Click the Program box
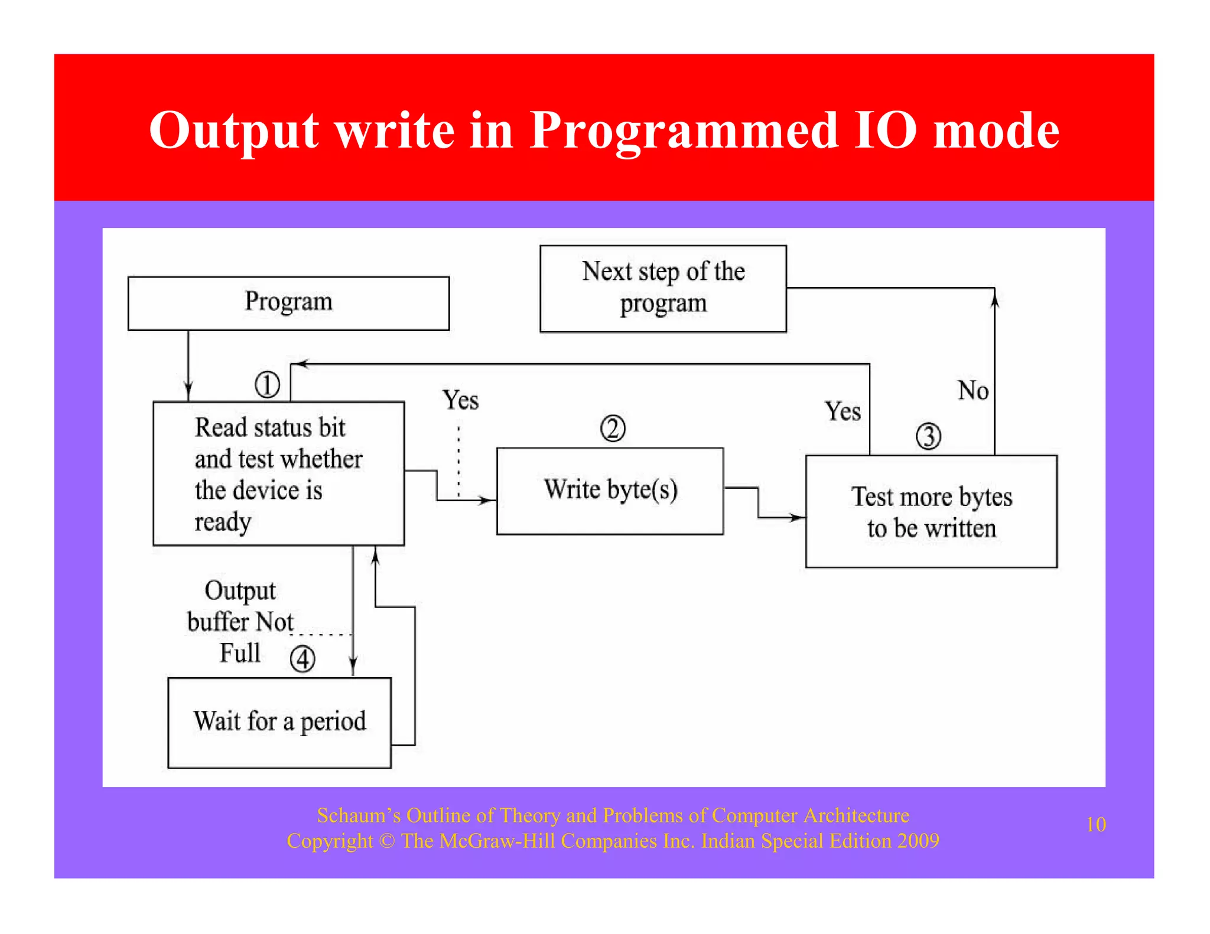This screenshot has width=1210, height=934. tap(288, 303)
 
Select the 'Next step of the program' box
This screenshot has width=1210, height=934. tap(663, 288)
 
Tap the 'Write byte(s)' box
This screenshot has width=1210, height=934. tap(610, 491)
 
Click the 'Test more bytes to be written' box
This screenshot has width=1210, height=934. tap(931, 511)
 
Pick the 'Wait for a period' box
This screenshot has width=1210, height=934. tap(279, 722)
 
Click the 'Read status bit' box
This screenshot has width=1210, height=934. tap(278, 473)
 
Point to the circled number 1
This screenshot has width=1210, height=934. tap(267, 385)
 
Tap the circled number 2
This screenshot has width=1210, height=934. tap(613, 429)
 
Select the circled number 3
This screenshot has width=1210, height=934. tap(928, 437)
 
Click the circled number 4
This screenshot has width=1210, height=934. tap(302, 659)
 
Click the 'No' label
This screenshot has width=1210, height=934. tap(973, 391)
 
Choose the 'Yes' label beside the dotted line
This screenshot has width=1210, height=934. tap(460, 400)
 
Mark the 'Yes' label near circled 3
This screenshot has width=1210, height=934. tap(843, 412)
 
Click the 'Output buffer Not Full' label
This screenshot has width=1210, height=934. tap(240, 622)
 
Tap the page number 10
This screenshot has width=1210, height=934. tap(1096, 824)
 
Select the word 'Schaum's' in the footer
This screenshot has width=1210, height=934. tap(359, 815)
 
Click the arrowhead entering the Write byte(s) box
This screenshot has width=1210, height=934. tap(488, 501)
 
